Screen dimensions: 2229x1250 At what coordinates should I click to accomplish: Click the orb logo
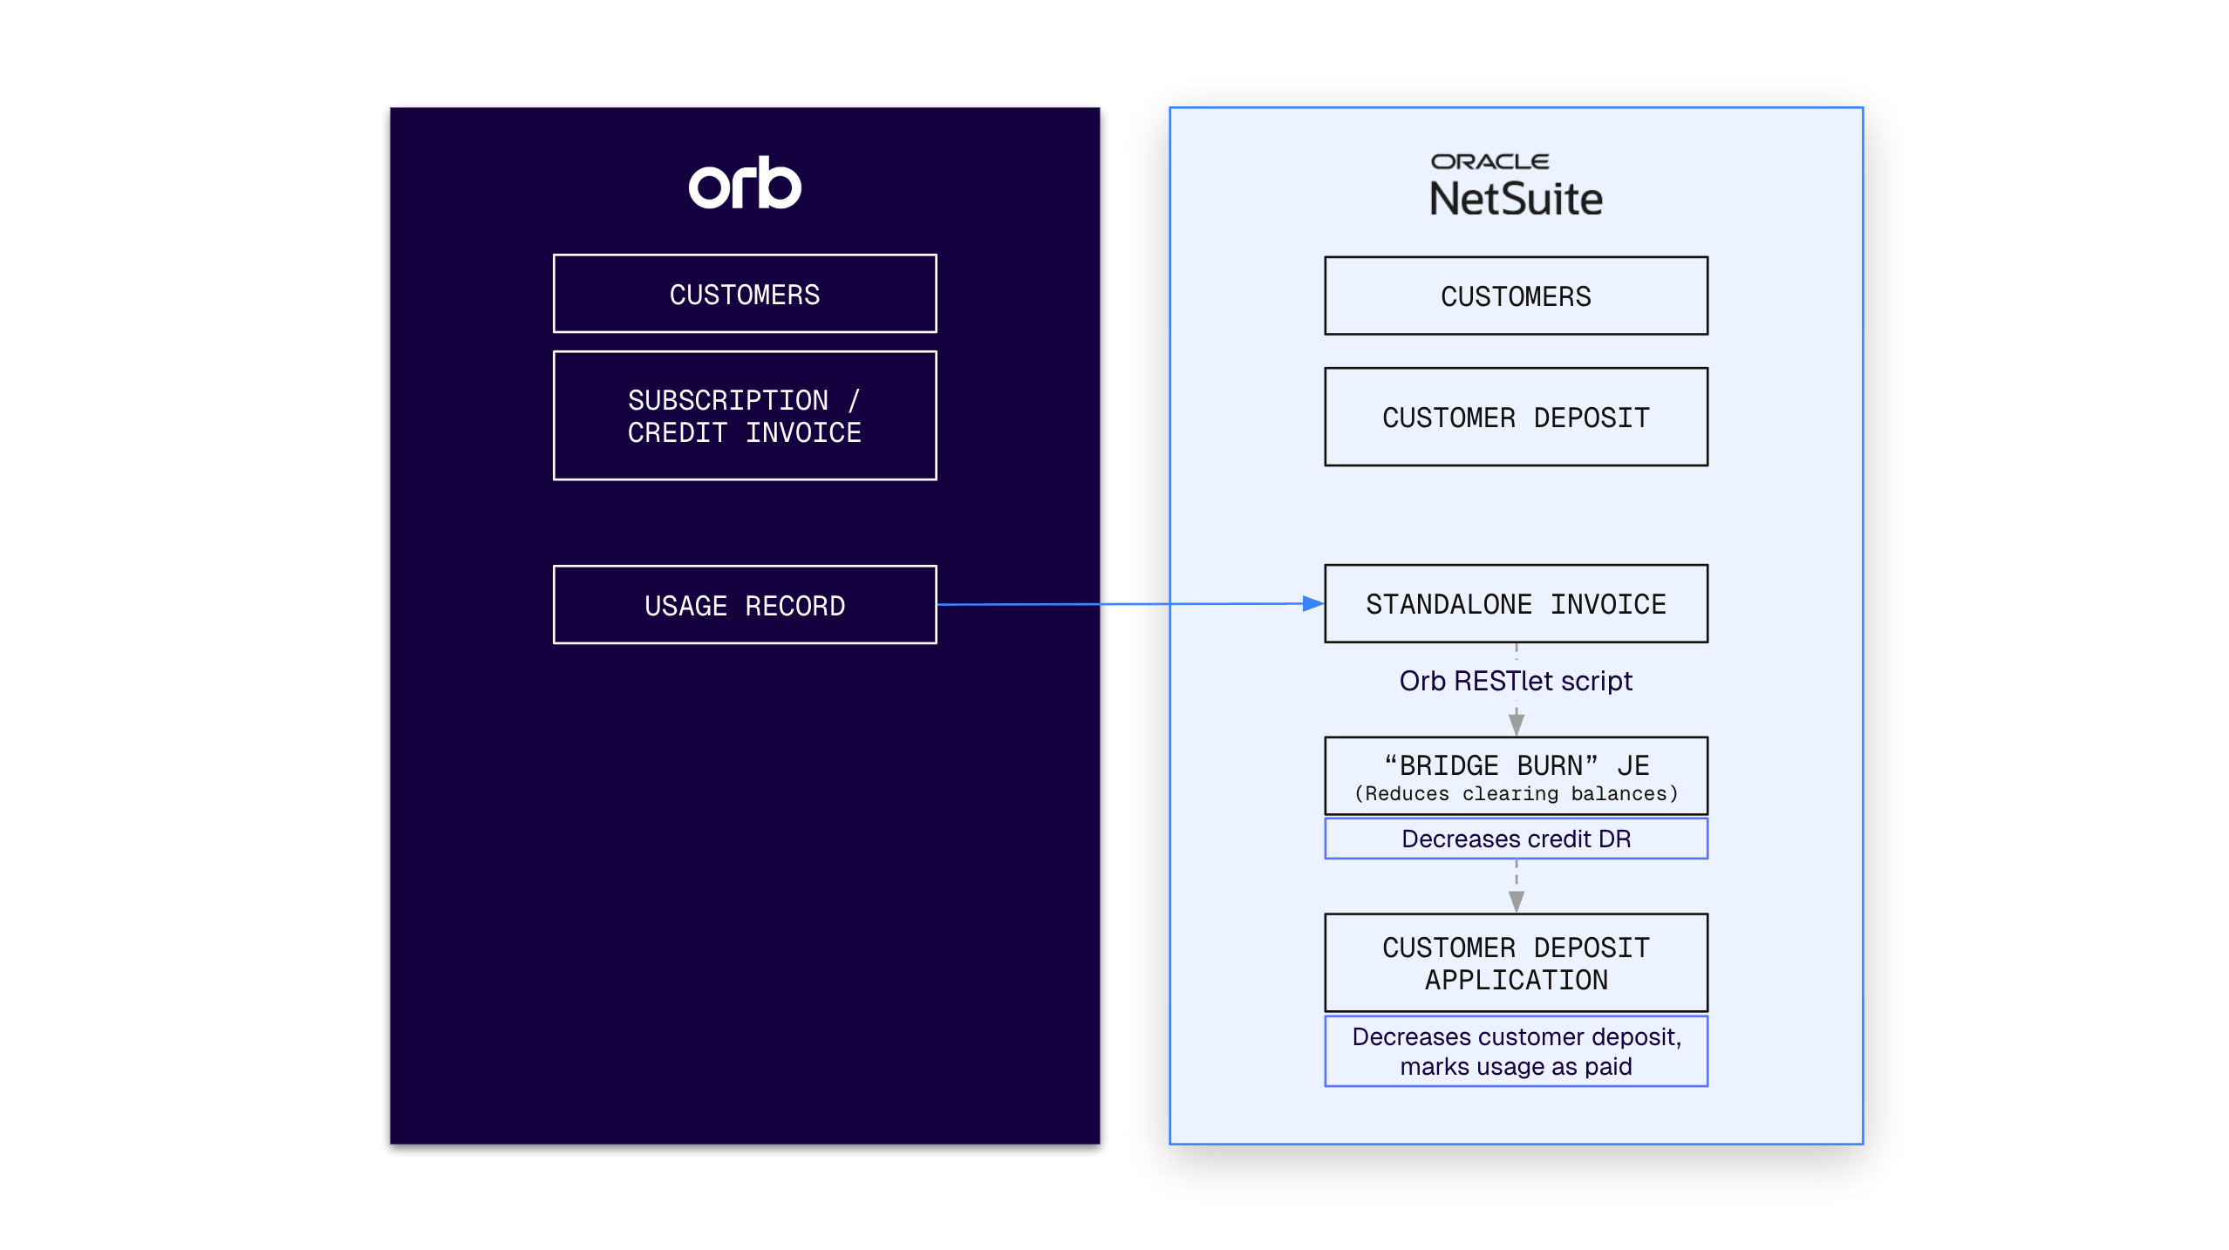point(745,183)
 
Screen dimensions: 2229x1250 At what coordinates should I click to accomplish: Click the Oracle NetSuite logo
point(1516,185)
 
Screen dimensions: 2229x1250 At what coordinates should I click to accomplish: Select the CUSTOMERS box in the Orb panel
point(745,294)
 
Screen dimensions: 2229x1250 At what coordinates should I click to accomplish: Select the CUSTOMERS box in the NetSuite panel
point(1516,296)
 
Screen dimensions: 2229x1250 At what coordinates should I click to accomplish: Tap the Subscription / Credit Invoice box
point(745,416)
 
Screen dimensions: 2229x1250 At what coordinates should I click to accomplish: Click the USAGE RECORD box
point(745,605)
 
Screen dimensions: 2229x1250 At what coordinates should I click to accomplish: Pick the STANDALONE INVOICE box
point(1516,603)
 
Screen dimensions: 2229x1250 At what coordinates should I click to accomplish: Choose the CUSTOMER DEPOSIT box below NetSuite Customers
point(1516,417)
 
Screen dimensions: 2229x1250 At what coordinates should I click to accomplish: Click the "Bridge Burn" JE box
point(1516,776)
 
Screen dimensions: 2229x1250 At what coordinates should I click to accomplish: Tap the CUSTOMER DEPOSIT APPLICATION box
point(1516,962)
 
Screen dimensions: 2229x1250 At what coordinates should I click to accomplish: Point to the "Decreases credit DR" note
point(1516,839)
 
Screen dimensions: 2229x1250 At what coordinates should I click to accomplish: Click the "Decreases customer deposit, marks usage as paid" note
point(1516,1051)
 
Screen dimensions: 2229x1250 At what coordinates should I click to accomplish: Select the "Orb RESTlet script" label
point(1516,681)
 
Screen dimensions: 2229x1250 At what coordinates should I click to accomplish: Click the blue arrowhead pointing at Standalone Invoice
point(1313,603)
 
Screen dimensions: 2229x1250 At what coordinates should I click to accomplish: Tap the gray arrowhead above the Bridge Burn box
point(1517,724)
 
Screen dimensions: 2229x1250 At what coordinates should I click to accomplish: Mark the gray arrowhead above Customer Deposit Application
point(1517,901)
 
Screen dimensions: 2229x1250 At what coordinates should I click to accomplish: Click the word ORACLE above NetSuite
point(1490,161)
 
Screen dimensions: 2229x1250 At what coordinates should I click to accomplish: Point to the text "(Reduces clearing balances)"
point(1516,794)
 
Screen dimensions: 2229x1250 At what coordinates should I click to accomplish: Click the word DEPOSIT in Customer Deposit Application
point(1592,948)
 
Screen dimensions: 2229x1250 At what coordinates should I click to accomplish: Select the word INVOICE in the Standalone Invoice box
point(1608,604)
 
